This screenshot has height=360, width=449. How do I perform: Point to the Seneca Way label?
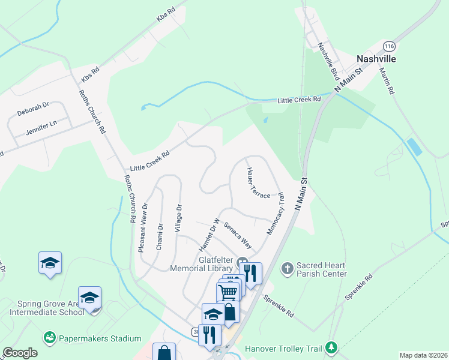pos(238,236)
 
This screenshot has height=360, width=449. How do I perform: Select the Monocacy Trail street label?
pos(274,214)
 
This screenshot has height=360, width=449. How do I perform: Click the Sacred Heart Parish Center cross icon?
pos(288,267)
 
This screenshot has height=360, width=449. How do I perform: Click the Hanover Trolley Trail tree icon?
pos(331,347)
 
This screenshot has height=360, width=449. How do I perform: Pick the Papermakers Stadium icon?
pos(49,338)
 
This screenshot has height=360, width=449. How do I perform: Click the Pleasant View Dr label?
pos(144,227)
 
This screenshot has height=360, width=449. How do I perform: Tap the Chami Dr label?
pos(160,238)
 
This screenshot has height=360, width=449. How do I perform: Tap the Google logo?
pos(20,353)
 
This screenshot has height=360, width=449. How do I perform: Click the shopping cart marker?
pos(228,292)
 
